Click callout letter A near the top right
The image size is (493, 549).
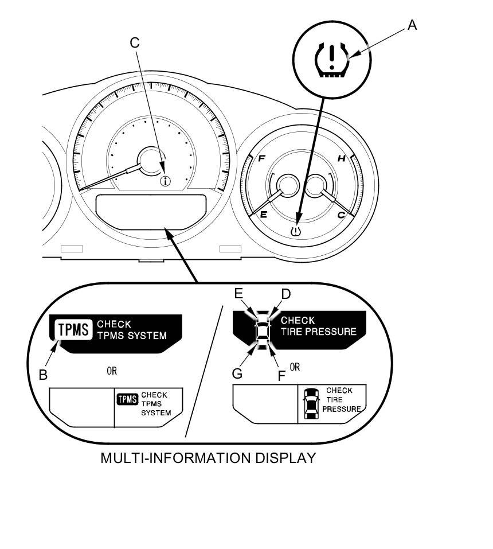412,25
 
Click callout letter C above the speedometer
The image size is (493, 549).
135,43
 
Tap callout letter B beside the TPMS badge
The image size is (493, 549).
43,375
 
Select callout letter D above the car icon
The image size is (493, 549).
285,294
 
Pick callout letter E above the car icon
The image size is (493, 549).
240,294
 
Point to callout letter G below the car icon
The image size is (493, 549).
237,374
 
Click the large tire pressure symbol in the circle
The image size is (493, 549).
331,58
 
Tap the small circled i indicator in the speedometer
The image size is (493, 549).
166,182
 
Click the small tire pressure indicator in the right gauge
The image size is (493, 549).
296,232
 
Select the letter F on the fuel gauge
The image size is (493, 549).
261,159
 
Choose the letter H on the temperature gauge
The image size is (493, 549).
341,159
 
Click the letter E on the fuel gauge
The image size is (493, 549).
264,215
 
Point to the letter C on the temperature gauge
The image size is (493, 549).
341,215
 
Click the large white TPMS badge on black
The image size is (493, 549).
73,330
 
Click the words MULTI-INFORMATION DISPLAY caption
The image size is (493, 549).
208,458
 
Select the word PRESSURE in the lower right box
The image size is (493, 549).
341,409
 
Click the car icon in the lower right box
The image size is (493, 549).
311,404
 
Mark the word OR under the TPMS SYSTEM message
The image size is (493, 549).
112,371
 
